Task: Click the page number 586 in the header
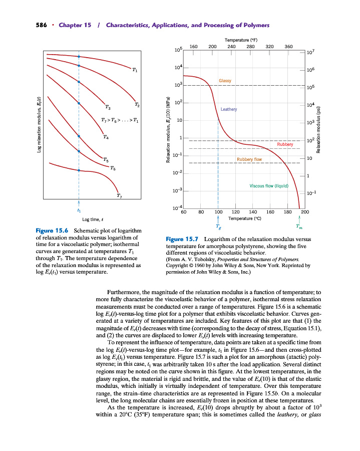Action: [41, 25]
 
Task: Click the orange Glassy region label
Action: [225, 81]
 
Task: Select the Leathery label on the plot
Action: [229, 109]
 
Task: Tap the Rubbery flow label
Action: [249, 159]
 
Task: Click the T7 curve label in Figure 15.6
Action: [119, 195]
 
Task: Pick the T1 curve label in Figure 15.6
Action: [135, 70]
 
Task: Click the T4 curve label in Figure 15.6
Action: [106, 137]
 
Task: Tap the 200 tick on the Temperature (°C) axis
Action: [305, 212]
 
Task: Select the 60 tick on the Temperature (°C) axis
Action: [184, 212]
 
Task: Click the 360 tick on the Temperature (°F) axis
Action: [288, 46]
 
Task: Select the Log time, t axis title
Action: [93, 219]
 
